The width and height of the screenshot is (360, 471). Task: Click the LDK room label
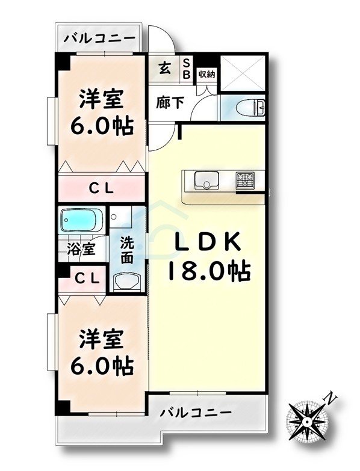coord(208,242)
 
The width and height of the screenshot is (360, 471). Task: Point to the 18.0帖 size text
coord(209,271)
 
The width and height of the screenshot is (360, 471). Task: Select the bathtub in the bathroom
coord(82,221)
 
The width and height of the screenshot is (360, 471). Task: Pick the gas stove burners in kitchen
coord(245,178)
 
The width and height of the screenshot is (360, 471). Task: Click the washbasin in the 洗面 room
coord(126,281)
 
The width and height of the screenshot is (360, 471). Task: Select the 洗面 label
coord(126,251)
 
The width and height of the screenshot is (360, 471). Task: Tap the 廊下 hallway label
coord(170,102)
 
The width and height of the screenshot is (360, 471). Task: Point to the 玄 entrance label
coord(164,67)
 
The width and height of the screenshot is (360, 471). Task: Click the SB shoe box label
coord(186,69)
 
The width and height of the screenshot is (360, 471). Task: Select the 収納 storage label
coord(206,74)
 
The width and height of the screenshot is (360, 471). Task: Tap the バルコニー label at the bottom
coord(196,413)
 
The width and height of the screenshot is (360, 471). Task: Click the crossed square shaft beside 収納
coord(243,73)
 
